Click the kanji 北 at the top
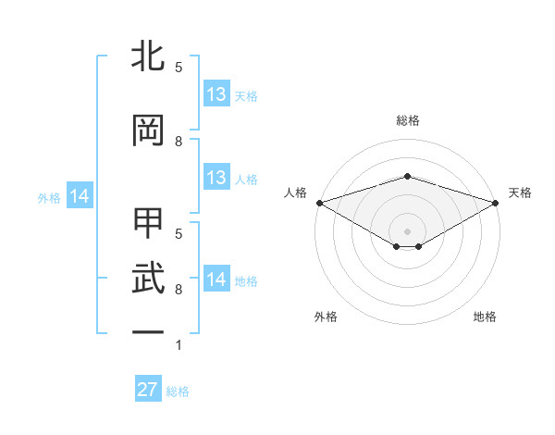[x=148, y=57]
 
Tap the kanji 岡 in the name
[x=148, y=130]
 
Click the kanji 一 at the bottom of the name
[x=148, y=331]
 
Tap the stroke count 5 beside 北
[x=179, y=68]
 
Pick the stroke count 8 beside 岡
[x=179, y=141]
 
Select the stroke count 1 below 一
[x=179, y=345]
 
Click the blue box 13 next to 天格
[x=216, y=94]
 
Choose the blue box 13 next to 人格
[x=216, y=178]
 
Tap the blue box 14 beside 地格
[x=216, y=280]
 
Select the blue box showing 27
[x=148, y=390]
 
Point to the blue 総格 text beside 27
[x=178, y=391]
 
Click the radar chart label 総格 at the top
[x=407, y=120]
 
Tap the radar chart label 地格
[x=485, y=317]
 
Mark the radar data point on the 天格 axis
[x=496, y=202]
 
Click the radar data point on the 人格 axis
[x=319, y=202]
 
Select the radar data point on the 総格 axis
[x=407, y=176]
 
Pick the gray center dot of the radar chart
[x=407, y=230]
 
